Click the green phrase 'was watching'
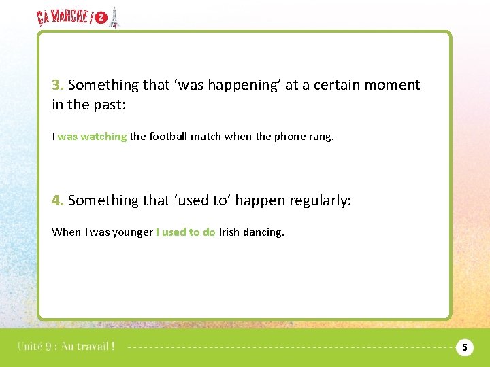(x=92, y=137)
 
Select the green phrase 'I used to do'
(x=186, y=232)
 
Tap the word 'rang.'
(x=322, y=137)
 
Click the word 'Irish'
(x=229, y=232)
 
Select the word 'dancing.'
(x=263, y=232)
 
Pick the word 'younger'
(x=133, y=232)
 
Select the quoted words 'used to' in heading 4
(x=193, y=200)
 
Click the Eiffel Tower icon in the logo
(x=114, y=18)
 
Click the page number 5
(x=464, y=347)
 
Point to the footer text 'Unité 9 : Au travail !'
(x=66, y=347)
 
